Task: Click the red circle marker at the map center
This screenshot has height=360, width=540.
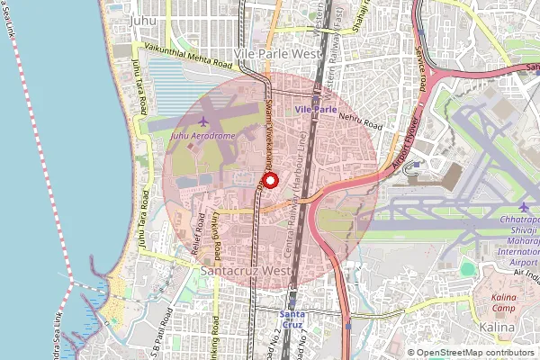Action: [x=270, y=180]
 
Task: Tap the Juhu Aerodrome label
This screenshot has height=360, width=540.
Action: [x=202, y=137]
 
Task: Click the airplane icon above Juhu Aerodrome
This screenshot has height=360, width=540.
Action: [x=202, y=121]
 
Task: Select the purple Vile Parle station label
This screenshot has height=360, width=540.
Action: [x=315, y=109]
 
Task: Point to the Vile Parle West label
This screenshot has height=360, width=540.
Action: [x=278, y=54]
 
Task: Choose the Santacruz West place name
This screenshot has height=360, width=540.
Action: [x=246, y=269]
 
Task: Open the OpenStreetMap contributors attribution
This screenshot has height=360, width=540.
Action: [x=474, y=353]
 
